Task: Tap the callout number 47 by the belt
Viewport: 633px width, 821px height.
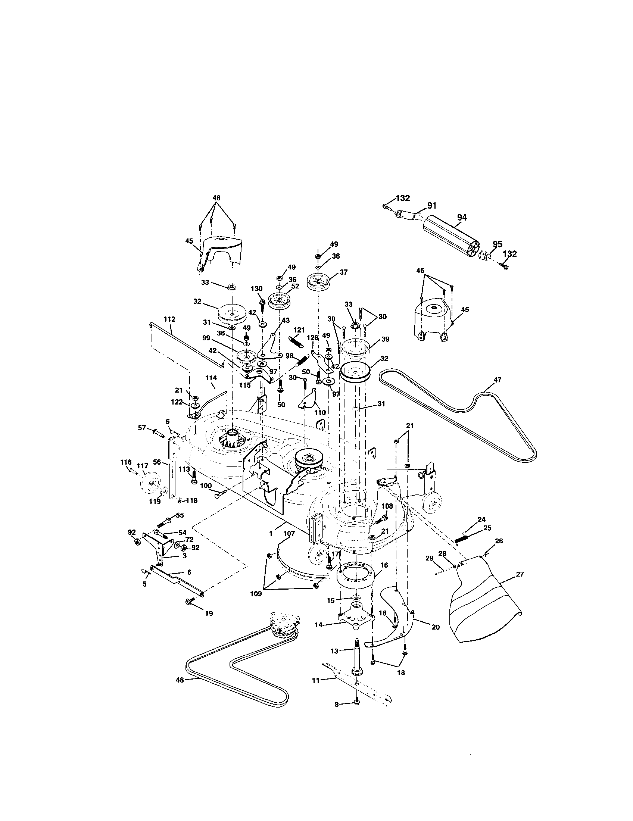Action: click(x=497, y=380)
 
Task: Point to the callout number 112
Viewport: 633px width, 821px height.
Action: click(x=169, y=319)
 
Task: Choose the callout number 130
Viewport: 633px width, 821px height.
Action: click(x=257, y=288)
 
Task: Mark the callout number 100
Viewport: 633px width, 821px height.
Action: click(x=206, y=486)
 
